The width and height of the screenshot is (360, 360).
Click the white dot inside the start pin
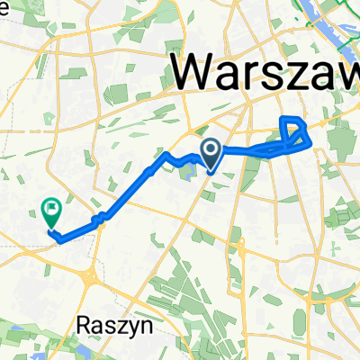(211, 148)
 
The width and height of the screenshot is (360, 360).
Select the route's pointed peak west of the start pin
(166, 155)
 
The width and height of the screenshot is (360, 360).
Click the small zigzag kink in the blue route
(103, 216)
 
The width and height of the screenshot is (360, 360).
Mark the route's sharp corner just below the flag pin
(59, 238)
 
